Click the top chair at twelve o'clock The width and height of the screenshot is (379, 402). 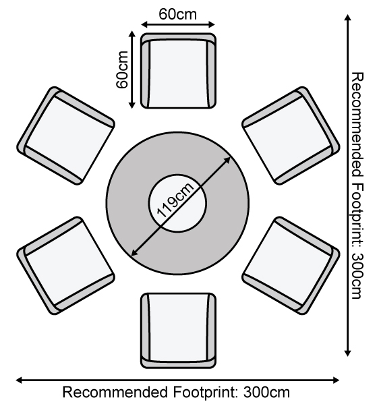[178, 71]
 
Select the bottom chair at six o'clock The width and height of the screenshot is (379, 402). [178, 331]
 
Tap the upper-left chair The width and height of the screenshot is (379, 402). [66, 136]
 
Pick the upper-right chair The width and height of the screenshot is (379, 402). [291, 136]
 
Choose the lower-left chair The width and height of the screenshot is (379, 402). [66, 266]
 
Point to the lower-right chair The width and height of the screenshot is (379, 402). [291, 266]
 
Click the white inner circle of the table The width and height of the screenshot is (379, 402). [177, 203]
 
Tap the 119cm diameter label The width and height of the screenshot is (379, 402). [175, 200]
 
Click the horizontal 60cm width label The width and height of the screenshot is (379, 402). [178, 14]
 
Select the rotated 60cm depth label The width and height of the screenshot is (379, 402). [122, 69]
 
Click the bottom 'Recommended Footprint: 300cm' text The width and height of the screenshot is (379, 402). [176, 392]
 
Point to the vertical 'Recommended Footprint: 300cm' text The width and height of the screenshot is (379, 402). [357, 185]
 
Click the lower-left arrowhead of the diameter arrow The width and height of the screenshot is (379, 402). [134, 254]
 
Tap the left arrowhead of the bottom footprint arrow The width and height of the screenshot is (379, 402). [19, 380]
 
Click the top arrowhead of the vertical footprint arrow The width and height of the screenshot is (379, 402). [348, 18]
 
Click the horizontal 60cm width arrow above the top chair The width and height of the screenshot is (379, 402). [178, 24]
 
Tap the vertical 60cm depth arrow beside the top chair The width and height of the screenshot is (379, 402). [132, 69]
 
